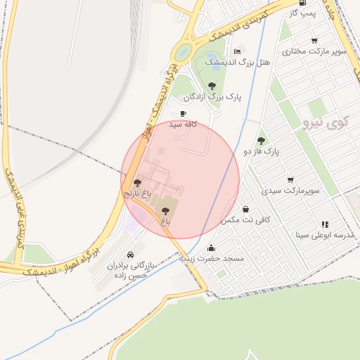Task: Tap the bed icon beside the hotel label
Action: click(x=237, y=51)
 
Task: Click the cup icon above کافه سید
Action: click(x=184, y=113)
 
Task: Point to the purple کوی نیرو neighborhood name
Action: click(x=326, y=123)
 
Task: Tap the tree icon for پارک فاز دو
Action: click(x=262, y=140)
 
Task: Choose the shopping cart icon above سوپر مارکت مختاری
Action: click(x=314, y=40)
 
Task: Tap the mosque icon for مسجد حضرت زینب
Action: click(x=211, y=247)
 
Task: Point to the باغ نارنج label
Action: click(x=138, y=193)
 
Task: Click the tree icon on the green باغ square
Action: click(x=166, y=210)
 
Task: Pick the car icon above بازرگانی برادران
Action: click(x=130, y=255)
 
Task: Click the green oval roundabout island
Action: click(x=184, y=51)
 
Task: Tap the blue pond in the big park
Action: click(x=211, y=58)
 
